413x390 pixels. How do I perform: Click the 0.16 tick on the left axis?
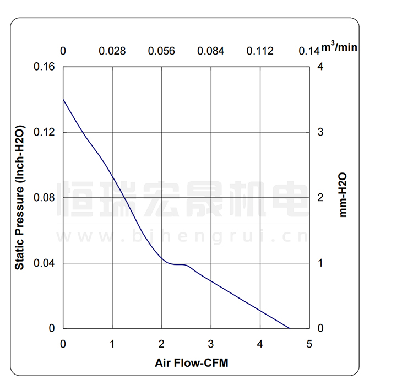pos(46,67)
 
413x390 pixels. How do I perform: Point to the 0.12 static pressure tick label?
pos(46,132)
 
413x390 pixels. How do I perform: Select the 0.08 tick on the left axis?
pos(46,197)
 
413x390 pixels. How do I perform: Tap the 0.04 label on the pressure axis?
pos(46,263)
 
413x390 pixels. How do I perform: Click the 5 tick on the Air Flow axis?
pos(309,344)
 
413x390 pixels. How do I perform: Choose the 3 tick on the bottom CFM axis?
pos(211,344)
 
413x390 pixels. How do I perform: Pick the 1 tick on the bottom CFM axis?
pos(112,344)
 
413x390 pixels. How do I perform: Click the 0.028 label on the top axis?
pos(112,51)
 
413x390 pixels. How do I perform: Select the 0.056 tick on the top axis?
pos(161,51)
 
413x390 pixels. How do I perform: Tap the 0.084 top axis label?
pos(211,51)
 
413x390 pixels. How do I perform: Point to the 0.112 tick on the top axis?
pos(260,51)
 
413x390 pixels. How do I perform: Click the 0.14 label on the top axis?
pos(309,51)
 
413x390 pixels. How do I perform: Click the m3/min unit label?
pos(339,47)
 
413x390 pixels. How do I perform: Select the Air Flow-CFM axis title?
pos(192,363)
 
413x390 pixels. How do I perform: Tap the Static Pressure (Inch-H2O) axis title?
pos(20,197)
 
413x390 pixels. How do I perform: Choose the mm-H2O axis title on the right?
pos(343,194)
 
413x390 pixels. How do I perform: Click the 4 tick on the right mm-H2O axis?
pos(320,67)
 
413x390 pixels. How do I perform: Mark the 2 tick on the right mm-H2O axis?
pos(320,197)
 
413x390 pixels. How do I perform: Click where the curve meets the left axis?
pos(63,99)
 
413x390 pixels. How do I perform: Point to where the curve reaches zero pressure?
pos(290,328)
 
